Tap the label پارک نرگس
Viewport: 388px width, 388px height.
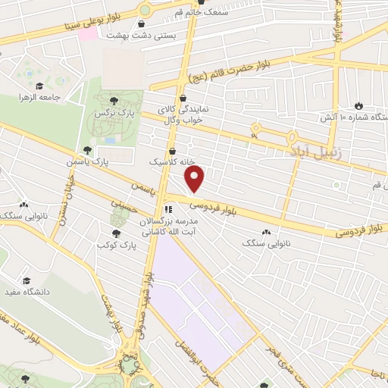click(108, 112)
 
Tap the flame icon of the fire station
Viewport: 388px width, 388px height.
click(358, 106)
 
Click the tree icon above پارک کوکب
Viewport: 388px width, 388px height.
click(116, 233)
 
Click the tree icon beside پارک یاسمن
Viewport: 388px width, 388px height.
click(87, 150)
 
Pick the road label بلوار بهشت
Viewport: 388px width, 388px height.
click(111, 312)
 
